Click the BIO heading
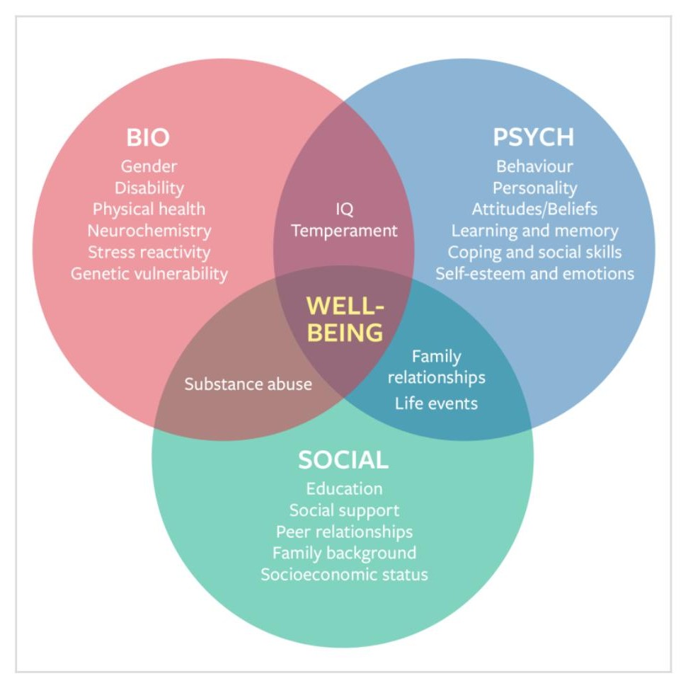pyautogui.click(x=149, y=137)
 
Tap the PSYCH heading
pyautogui.click(x=534, y=137)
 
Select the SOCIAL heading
pyautogui.click(x=343, y=460)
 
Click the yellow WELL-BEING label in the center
pyautogui.click(x=345, y=319)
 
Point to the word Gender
pyautogui.click(x=149, y=166)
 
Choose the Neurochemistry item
pyautogui.click(x=149, y=231)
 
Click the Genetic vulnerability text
pyautogui.click(x=149, y=273)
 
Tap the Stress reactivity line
pyautogui.click(x=149, y=252)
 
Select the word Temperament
pyautogui.click(x=344, y=231)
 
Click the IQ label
pyautogui.click(x=344, y=210)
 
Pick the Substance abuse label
pyautogui.click(x=248, y=384)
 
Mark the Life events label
pyautogui.click(x=436, y=403)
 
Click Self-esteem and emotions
pyautogui.click(x=534, y=273)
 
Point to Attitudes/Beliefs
pyautogui.click(x=534, y=210)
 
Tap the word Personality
pyautogui.click(x=534, y=188)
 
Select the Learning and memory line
pyautogui.click(x=534, y=231)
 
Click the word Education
pyautogui.click(x=344, y=488)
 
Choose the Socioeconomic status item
pyautogui.click(x=344, y=574)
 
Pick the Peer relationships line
pyautogui.click(x=344, y=532)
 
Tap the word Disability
pyautogui.click(x=149, y=188)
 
